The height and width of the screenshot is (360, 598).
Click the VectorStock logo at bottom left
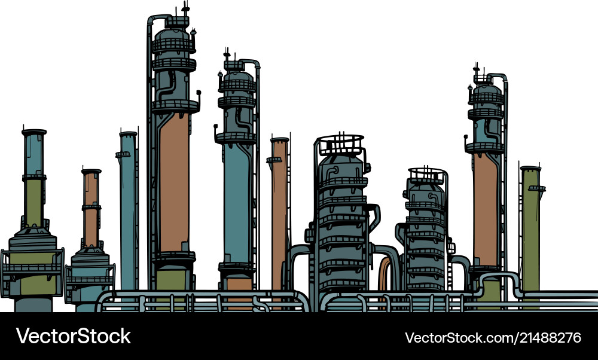[74, 336]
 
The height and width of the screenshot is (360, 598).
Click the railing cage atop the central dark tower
[340, 144]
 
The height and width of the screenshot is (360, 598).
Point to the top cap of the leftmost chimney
[33, 132]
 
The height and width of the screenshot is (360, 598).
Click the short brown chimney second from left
[91, 209]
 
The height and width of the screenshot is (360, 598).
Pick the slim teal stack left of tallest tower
[127, 209]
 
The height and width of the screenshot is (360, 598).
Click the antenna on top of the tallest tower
[185, 9]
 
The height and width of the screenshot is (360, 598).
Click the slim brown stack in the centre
[279, 209]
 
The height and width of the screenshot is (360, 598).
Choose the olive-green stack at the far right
[530, 227]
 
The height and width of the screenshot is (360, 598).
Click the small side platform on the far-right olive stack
[538, 188]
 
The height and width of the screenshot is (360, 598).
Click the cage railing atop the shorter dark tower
[427, 175]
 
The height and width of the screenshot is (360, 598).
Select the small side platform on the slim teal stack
[123, 154]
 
